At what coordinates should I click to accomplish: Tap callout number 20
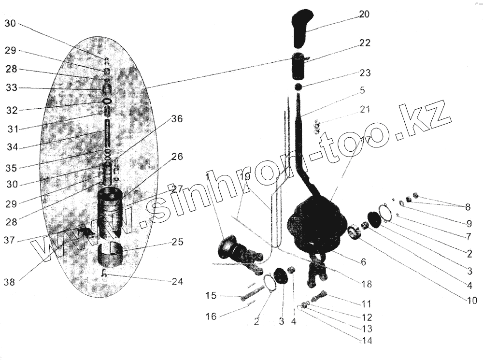point(364,14)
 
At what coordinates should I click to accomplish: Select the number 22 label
point(365,43)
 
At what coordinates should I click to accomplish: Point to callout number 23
point(365,73)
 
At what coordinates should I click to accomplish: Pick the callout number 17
point(365,141)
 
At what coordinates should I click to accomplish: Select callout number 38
point(10,282)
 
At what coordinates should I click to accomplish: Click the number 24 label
point(177,281)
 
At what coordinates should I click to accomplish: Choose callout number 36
point(177,119)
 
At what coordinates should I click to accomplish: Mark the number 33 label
point(11,88)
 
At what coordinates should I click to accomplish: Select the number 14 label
point(368,341)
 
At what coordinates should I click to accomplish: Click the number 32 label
point(12,110)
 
